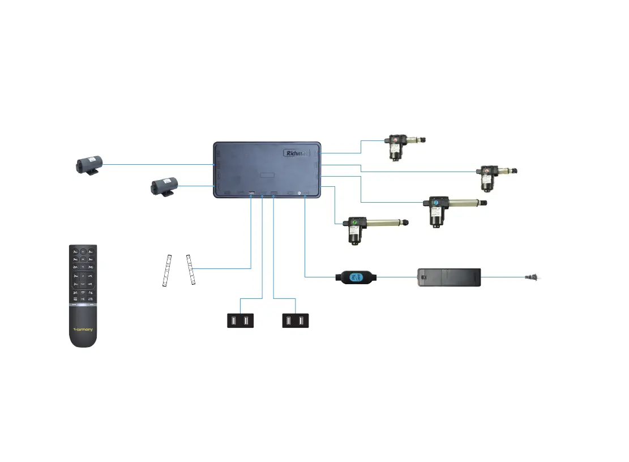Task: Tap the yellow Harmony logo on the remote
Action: click(x=83, y=328)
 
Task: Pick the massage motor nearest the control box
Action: click(x=164, y=186)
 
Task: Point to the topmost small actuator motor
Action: click(x=399, y=145)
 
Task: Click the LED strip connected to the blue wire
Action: click(x=191, y=270)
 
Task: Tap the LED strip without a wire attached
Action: click(x=166, y=271)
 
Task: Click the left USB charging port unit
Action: click(x=239, y=321)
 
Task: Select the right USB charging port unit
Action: click(x=296, y=321)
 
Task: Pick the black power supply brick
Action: click(x=449, y=278)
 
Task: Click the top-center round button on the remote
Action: click(x=83, y=251)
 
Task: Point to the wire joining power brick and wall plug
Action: click(x=507, y=277)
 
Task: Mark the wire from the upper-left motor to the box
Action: click(x=159, y=165)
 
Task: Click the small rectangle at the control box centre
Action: click(x=267, y=176)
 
